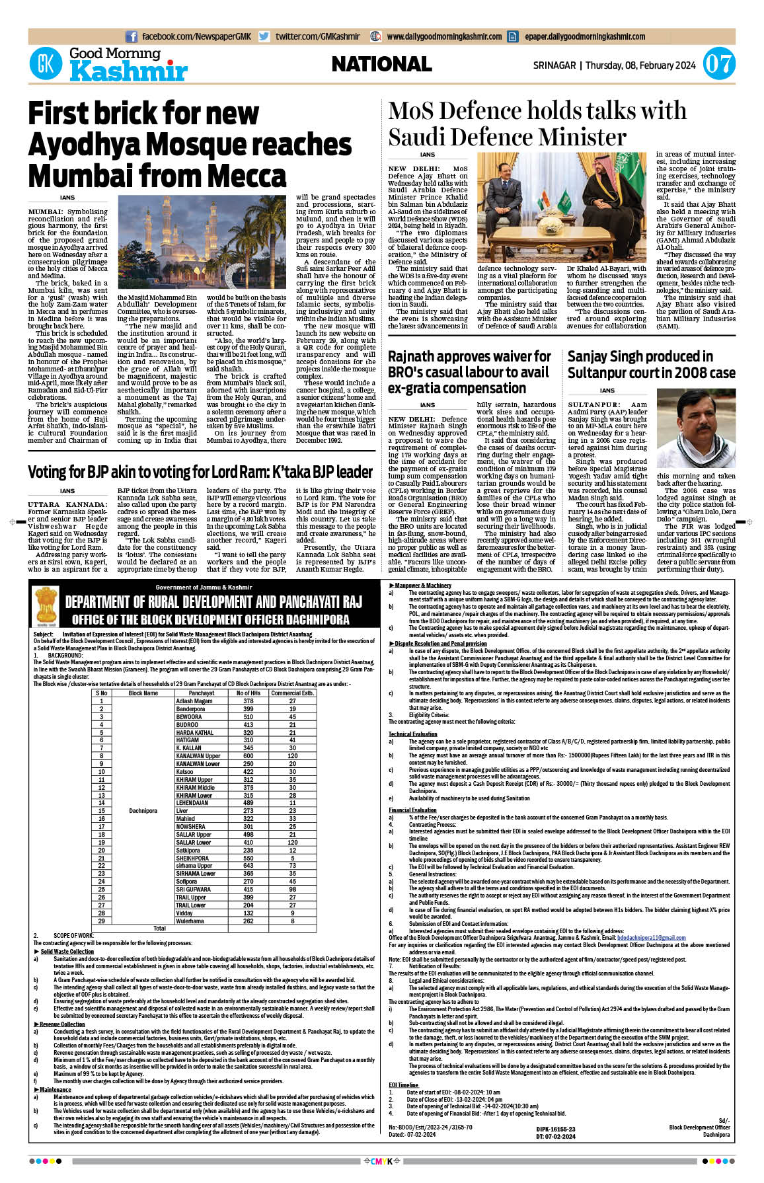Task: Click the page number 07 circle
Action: coord(718,64)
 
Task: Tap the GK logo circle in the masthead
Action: coord(46,65)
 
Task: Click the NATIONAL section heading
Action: coord(381,64)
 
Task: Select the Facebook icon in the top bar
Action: coord(132,37)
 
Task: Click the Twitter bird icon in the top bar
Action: coord(264,37)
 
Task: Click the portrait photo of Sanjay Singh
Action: coord(696,428)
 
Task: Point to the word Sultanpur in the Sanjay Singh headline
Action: coord(601,373)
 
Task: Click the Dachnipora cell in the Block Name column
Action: coord(143,810)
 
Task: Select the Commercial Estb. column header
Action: coord(292,693)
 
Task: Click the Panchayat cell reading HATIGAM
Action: coord(188,740)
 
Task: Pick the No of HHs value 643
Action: coord(248,865)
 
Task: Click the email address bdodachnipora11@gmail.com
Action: coord(651,938)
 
